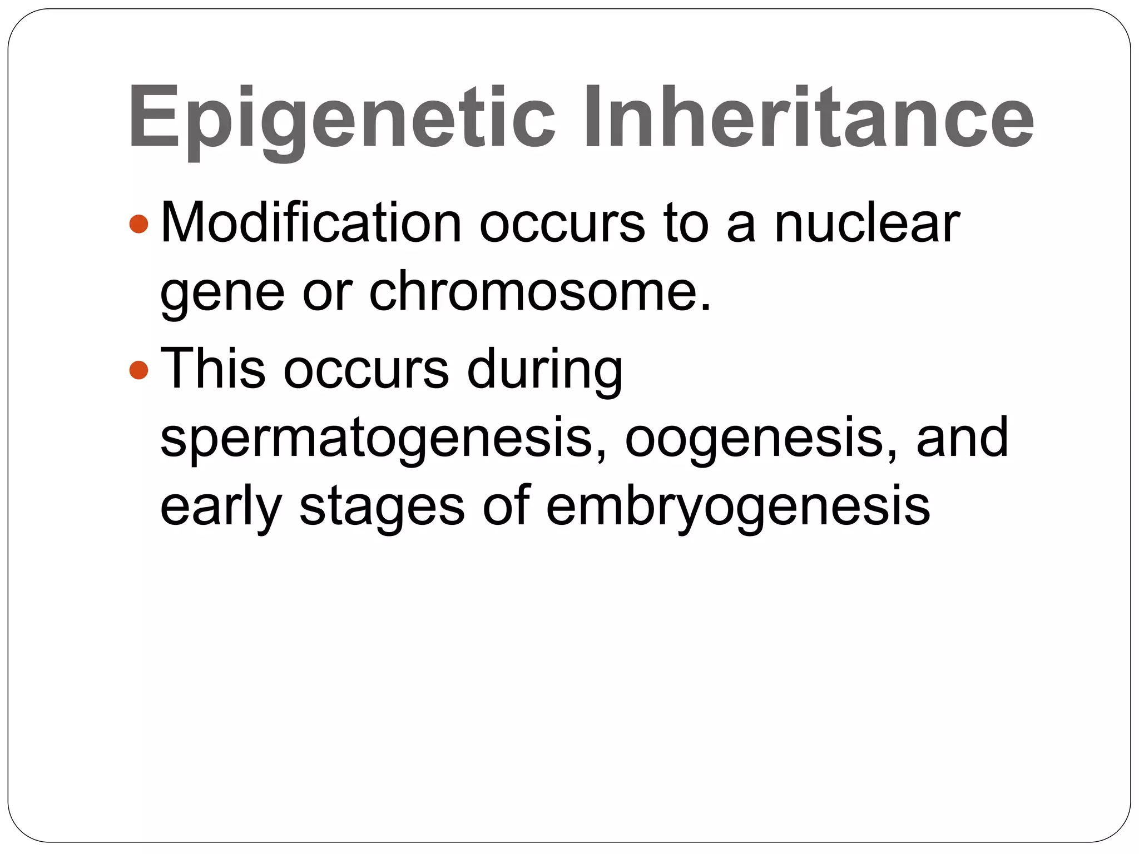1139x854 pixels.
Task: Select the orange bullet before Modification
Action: pyautogui.click(x=138, y=224)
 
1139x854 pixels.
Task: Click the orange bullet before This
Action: pyautogui.click(x=138, y=369)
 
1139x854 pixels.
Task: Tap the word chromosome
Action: pyautogui.click(x=539, y=291)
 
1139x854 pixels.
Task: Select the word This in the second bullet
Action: pyautogui.click(x=213, y=368)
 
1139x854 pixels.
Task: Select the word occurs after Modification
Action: pyautogui.click(x=562, y=224)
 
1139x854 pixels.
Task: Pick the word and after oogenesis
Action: pyautogui.click(x=962, y=437)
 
